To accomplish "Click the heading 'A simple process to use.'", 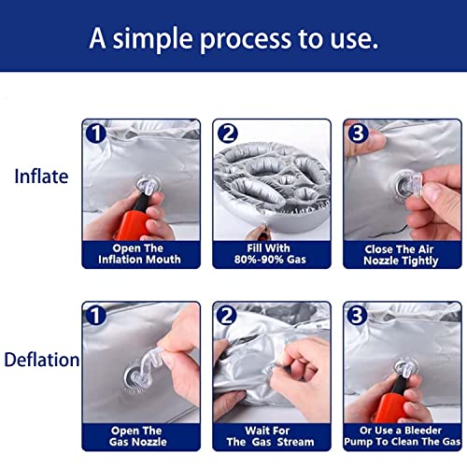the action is pos(233,38).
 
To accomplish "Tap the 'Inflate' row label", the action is pos(41,177).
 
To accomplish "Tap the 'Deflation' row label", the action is pos(42,360).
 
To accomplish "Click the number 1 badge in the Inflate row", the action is pos(96,134).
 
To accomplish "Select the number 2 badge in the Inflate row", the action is pos(228,134).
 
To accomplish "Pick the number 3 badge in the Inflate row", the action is pos(358,134).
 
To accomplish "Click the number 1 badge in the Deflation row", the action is pos(95,316).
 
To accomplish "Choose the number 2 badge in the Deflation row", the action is pos(226,316).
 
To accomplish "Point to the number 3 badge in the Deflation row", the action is pos(357,316).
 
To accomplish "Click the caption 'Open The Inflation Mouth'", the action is pos(139,254).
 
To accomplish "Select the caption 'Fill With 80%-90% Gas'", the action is pos(270,254).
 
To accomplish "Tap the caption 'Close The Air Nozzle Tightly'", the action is pos(401,255).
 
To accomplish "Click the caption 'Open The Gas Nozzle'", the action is pos(137,436).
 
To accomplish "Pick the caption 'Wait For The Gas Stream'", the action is pos(270,436).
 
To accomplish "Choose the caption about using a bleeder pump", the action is pos(402,436).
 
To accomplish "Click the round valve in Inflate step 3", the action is pos(403,187).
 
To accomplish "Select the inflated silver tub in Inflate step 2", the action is pos(272,186).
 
